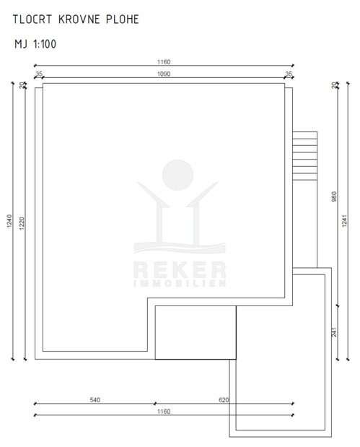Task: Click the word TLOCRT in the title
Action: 32,19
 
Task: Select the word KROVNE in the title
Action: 79,19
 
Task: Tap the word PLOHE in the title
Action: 123,19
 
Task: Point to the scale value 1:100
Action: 45,44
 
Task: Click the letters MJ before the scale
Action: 21,44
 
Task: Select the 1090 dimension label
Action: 164,74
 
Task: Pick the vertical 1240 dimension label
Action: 9,221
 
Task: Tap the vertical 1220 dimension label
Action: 22,224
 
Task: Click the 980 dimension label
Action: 334,196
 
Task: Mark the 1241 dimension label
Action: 345,221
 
